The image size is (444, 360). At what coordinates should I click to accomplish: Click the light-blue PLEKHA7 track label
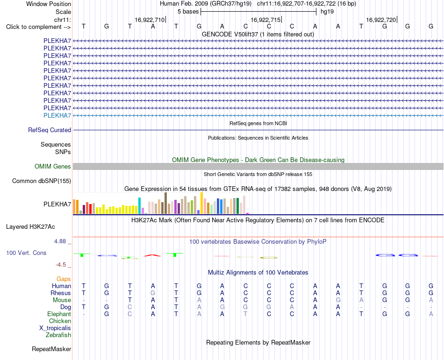pyautogui.click(x=57, y=115)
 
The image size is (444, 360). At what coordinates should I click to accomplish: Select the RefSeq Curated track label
pyautogui.click(x=50, y=130)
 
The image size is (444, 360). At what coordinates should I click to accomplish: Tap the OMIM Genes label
pyautogui.click(x=53, y=167)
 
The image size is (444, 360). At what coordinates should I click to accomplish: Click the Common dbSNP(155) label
pyautogui.click(x=42, y=181)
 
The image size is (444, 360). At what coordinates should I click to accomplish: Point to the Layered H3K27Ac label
pyautogui.click(x=30, y=227)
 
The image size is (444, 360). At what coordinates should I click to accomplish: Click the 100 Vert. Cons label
pyautogui.click(x=26, y=253)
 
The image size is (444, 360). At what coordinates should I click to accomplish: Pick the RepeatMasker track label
pyautogui.click(x=51, y=349)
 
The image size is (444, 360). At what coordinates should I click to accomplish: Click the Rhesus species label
pyautogui.click(x=61, y=293)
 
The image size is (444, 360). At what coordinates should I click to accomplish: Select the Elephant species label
pyautogui.click(x=59, y=314)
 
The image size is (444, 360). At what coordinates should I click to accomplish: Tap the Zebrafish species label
pyautogui.click(x=58, y=335)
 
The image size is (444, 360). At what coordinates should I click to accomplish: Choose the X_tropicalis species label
pyautogui.click(x=55, y=328)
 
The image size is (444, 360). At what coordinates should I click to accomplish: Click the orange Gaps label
pyautogui.click(x=64, y=279)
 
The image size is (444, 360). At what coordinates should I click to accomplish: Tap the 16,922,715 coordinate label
pyautogui.click(x=265, y=20)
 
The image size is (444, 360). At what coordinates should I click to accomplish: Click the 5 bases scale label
pyautogui.click(x=188, y=12)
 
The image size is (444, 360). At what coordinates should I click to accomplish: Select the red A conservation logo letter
pyautogui.click(x=152, y=255)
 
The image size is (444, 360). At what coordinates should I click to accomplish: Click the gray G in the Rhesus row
pyautogui.click(x=153, y=293)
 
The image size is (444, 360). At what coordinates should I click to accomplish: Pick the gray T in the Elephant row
pyautogui.click(x=245, y=314)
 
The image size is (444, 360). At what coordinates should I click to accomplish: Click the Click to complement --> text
pyautogui.click(x=38, y=27)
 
